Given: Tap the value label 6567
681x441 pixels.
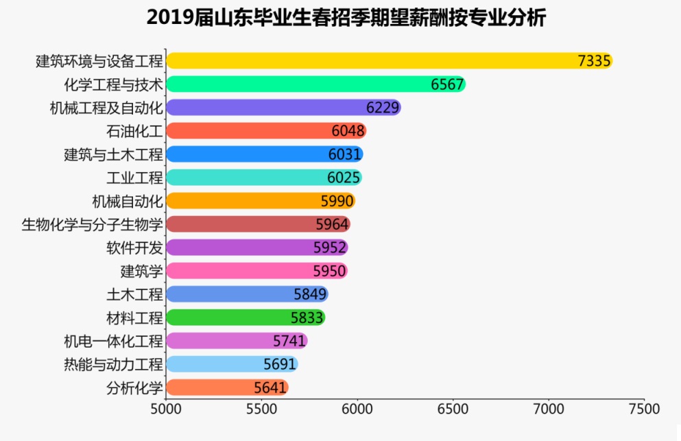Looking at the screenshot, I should [448, 84].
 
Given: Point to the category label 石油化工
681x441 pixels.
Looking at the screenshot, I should [134, 131].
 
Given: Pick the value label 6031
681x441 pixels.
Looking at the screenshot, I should [344, 154].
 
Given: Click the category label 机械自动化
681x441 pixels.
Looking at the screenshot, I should [128, 201].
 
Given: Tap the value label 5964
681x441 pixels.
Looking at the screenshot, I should [332, 224].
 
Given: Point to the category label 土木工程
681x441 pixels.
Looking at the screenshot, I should [134, 294].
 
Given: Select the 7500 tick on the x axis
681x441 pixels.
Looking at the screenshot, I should [643, 409].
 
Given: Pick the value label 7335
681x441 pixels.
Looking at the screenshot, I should [594, 61].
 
